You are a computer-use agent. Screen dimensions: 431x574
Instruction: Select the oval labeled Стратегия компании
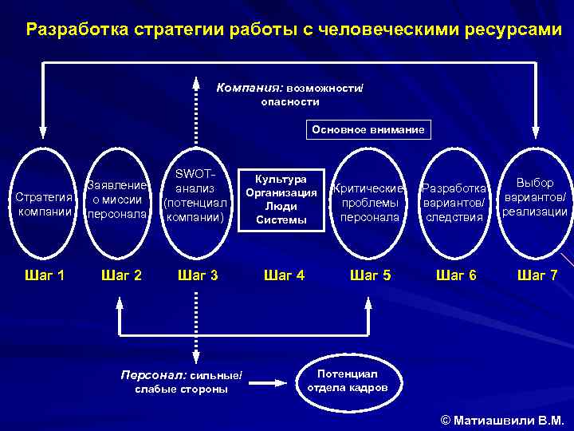pos(44,204)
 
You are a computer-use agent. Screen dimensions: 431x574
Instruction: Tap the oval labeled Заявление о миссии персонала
pos(117,200)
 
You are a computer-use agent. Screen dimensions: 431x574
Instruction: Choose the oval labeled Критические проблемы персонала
pos(369,202)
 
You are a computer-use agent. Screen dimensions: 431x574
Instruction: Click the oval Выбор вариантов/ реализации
pos(535,198)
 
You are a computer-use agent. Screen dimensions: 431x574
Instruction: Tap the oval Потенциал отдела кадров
pos(348,381)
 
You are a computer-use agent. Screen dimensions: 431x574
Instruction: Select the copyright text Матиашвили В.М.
pos(501,419)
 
